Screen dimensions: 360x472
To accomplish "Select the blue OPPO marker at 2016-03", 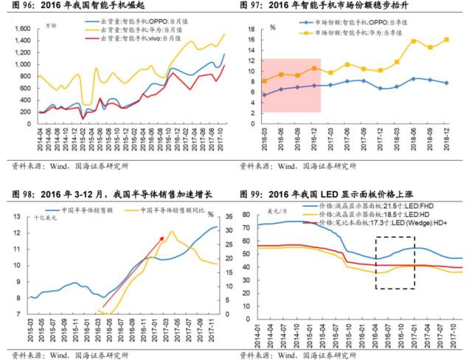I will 264,94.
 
